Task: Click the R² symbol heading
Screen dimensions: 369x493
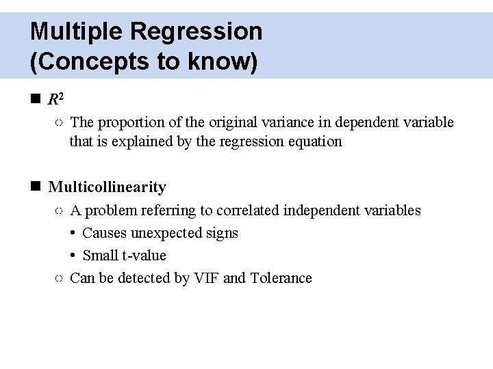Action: [56, 100]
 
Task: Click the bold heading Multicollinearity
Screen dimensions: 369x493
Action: [108, 187]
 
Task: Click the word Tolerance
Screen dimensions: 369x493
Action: [281, 278]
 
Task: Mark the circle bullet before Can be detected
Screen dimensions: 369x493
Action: [59, 278]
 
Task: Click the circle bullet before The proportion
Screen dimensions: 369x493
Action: [59, 122]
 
